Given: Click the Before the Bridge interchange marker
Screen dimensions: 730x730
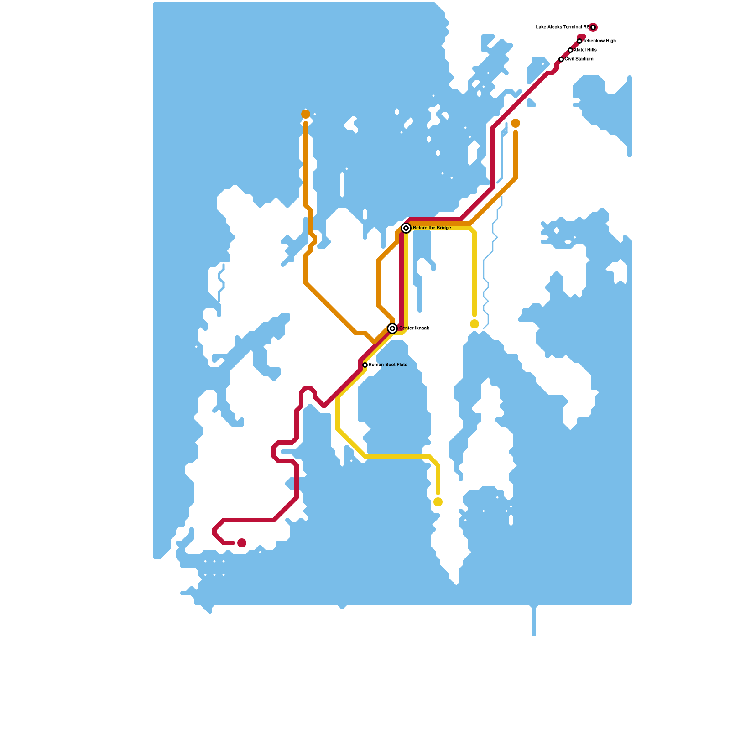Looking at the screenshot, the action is click(406, 228).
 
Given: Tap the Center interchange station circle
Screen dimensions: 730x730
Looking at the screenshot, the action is click(392, 328).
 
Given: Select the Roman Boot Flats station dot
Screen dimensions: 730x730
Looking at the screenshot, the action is click(365, 365).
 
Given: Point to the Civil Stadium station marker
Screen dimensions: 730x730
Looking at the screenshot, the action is click(561, 59).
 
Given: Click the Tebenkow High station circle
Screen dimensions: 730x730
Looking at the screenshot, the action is click(579, 41).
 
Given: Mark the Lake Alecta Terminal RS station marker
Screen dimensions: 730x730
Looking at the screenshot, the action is click(593, 27).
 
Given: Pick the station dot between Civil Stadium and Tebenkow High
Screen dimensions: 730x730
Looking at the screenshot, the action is click(570, 50).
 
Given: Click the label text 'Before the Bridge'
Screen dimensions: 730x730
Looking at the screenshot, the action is click(432, 228).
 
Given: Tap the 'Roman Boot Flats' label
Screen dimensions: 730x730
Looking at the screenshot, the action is click(388, 365).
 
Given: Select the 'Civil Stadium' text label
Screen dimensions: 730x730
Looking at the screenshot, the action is click(579, 59).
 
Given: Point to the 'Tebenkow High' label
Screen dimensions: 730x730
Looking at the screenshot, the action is click(600, 41).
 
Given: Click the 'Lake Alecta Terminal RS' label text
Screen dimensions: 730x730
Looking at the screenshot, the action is click(562, 27).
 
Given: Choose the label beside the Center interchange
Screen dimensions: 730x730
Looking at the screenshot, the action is click(414, 328).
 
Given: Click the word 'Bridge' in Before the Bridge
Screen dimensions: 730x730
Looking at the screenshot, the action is click(443, 228).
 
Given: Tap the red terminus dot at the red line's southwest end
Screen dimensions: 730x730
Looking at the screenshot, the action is click(242, 543).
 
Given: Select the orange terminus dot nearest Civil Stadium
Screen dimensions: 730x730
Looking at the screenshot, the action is click(516, 123).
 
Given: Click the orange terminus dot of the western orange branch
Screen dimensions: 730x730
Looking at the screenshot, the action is click(306, 114).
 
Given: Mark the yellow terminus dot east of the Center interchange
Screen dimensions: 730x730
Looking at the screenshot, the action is click(474, 324).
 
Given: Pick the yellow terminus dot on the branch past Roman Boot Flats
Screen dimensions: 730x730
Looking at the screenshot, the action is click(438, 502).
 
